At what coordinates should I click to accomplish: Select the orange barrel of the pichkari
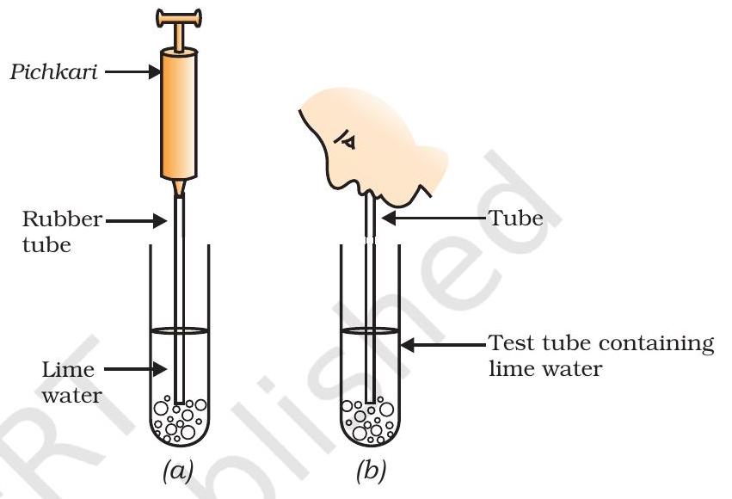(178, 112)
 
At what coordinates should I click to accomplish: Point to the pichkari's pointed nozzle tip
(178, 188)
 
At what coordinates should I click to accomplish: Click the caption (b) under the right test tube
(370, 471)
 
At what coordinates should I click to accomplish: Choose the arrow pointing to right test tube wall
(443, 344)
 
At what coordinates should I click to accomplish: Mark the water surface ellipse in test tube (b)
(369, 330)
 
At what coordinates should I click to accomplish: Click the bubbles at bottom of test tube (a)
(179, 419)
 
